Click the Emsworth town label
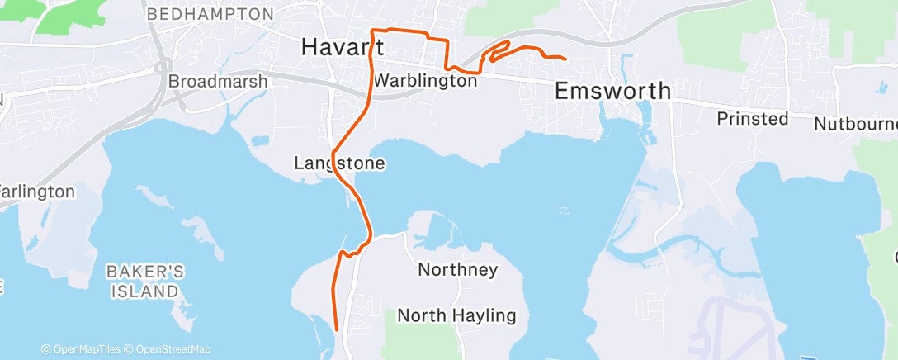tap(612, 91)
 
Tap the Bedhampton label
tap(210, 15)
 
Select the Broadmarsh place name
tap(218, 82)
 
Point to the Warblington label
tap(425, 82)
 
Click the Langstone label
tap(339, 163)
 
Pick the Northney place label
tap(457, 269)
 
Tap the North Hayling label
tap(456, 315)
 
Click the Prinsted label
tap(752, 119)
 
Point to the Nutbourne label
tap(855, 124)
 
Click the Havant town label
tap(342, 47)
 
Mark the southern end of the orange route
tap(338, 329)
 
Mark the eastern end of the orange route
tap(565, 59)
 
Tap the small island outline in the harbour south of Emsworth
tap(564, 211)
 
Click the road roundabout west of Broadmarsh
tap(163, 68)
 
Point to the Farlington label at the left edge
tap(37, 192)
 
